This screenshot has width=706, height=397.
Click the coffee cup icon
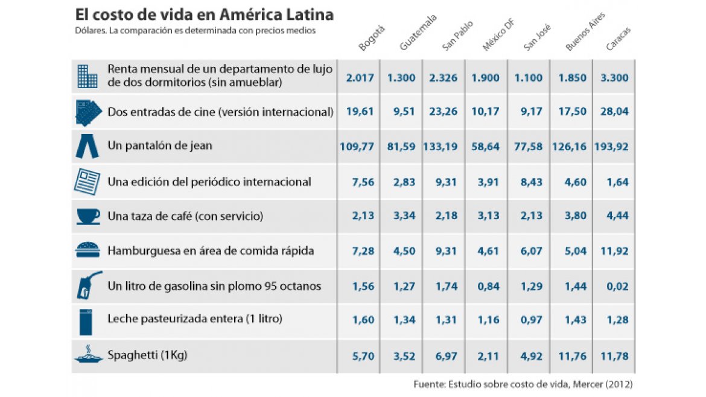tap(88, 216)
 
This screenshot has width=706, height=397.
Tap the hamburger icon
tap(88, 250)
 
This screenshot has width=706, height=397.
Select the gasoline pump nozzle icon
tap(88, 285)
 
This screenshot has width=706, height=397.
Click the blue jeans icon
tap(87, 146)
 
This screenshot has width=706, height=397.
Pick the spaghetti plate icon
tap(88, 355)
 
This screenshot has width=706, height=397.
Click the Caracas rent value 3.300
tap(614, 77)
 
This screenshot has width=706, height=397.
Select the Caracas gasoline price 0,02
tap(614, 287)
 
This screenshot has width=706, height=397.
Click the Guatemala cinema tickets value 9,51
tap(401, 112)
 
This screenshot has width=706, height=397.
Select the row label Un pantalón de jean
tap(160, 145)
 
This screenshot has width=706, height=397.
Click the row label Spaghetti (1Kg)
tap(147, 355)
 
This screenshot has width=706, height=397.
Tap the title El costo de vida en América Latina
tap(205, 14)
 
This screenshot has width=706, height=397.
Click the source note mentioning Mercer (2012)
tap(523, 384)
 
